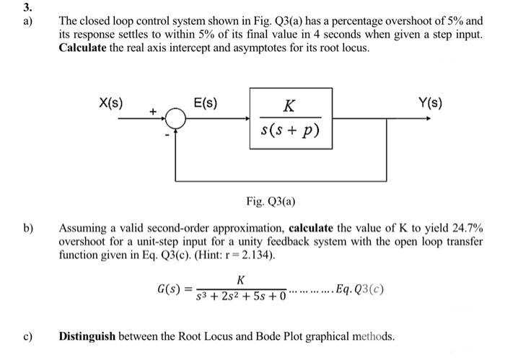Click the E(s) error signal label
pos(206,103)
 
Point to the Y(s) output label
pos(431,103)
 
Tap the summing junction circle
pos(175,119)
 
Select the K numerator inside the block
pos(288,107)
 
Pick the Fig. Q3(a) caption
pos(270,201)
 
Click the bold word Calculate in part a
pos(86,48)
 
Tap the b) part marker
pos(29,229)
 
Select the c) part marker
pos(29,336)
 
